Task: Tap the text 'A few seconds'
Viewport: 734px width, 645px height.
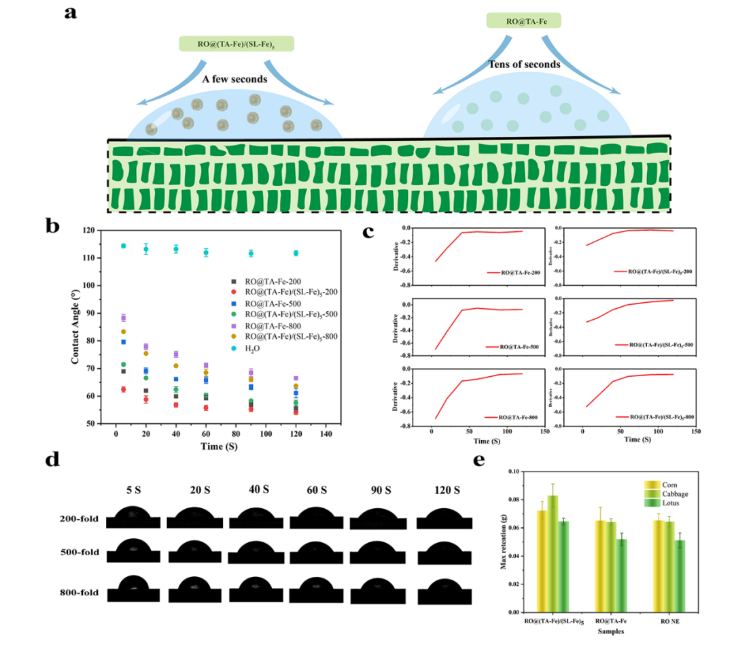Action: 234,79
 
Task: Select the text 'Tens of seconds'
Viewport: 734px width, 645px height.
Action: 524,65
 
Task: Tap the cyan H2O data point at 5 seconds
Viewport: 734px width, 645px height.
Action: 123,246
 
